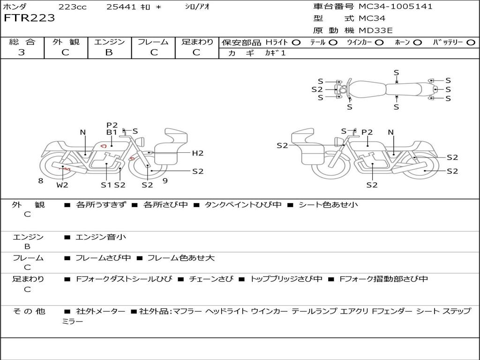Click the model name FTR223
[30, 18]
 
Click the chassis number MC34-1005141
[396, 7]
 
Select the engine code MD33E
[375, 30]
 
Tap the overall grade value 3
[22, 52]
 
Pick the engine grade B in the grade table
[109, 52]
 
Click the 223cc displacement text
[73, 7]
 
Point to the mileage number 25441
[121, 7]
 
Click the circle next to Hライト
[296, 43]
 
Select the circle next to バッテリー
[471, 43]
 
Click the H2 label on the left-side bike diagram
[198, 153]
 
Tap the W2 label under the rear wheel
[62, 185]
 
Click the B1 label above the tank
[112, 132]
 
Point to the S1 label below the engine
[106, 185]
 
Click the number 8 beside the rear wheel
[41, 181]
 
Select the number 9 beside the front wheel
[165, 181]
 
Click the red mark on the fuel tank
[103, 146]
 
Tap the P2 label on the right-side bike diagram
[367, 132]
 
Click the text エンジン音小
[101, 237]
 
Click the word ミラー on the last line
[73, 322]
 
